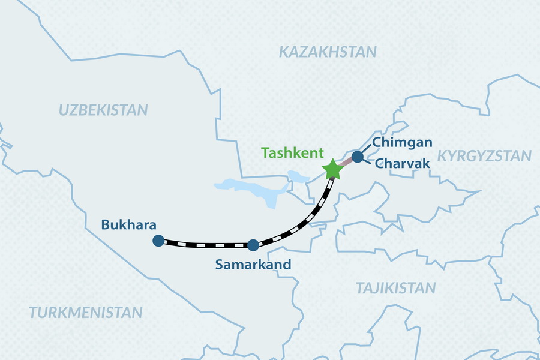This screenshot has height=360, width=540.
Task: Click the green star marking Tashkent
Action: (332, 170)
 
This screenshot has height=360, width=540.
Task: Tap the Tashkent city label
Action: (292, 153)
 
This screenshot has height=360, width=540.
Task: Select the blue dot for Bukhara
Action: (158, 241)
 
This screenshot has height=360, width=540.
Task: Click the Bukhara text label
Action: (129, 225)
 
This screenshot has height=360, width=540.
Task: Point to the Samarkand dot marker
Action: (253, 245)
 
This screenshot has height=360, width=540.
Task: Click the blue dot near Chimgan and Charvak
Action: (357, 157)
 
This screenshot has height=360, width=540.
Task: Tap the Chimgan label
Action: (402, 142)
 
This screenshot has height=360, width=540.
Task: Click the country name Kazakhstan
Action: (328, 52)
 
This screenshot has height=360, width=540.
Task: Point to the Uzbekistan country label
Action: (103, 110)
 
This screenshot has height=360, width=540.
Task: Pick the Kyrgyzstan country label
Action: (484, 156)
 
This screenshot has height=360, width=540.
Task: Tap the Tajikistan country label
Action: (396, 288)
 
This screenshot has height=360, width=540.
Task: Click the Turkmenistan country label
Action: (86, 312)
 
